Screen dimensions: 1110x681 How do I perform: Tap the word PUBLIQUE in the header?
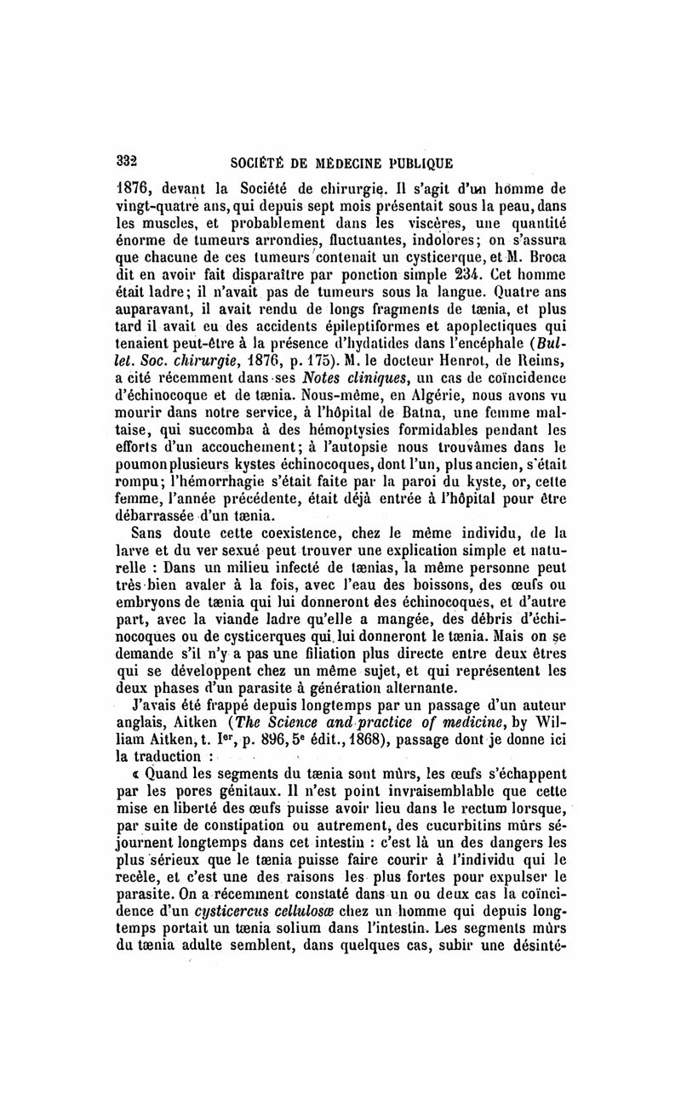[x=415, y=163]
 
